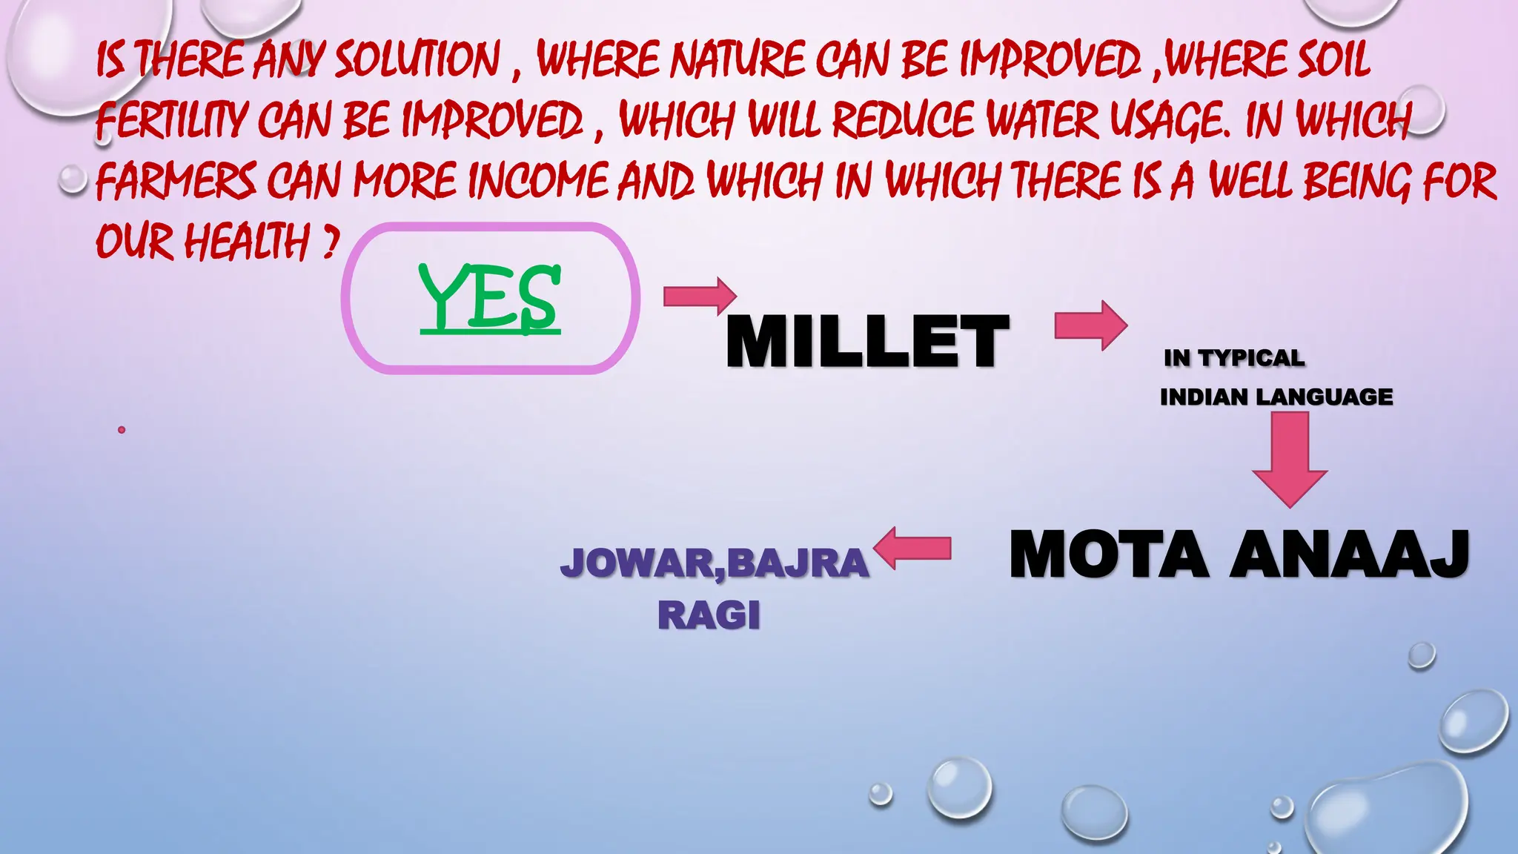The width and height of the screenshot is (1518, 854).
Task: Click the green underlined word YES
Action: point(489,297)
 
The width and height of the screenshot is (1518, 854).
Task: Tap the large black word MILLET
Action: point(867,341)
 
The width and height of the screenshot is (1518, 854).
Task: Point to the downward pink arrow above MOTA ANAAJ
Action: point(1290,459)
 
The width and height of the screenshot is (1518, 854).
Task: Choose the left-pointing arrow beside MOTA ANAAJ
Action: point(912,548)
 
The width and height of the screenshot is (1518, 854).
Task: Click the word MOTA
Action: point(1109,555)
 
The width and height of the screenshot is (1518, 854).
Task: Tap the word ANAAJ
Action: point(1350,555)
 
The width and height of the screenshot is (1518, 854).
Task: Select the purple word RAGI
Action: point(709,615)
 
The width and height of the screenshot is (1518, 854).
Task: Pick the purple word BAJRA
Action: point(798,563)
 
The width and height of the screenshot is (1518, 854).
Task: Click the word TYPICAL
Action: point(1252,358)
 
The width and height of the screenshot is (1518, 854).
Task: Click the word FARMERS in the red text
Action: point(176,181)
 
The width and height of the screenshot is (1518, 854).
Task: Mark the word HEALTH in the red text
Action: point(246,242)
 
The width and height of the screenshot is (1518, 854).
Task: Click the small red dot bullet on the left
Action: point(122,430)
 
